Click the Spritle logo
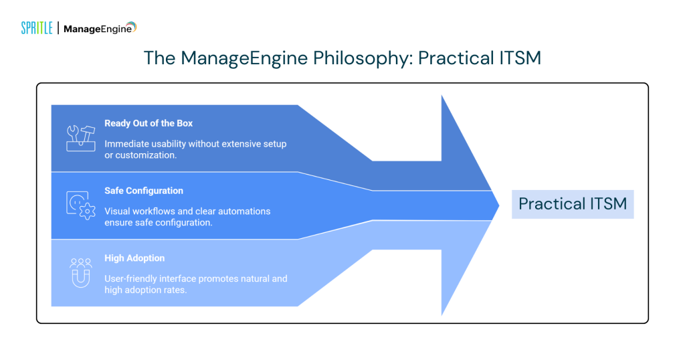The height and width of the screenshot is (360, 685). [37, 28]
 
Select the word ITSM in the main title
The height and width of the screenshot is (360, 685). [517, 58]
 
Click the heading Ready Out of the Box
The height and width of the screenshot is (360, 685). [149, 123]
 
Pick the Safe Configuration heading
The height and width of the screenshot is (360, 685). [143, 191]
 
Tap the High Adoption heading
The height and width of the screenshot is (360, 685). [134, 258]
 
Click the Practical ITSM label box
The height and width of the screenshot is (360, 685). [573, 204]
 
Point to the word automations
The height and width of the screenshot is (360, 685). [245, 211]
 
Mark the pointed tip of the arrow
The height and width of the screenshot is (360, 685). [498, 205]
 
